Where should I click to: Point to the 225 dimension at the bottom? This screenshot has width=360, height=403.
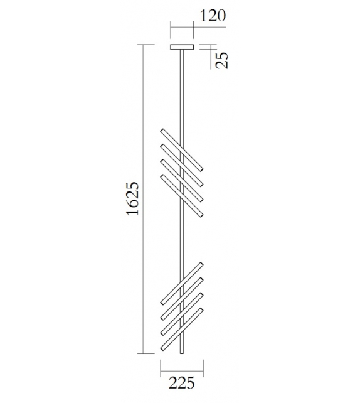[x=182, y=382]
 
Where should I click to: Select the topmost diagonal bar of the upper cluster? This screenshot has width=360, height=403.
[x=182, y=149]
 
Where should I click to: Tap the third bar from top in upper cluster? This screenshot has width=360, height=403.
[x=182, y=180]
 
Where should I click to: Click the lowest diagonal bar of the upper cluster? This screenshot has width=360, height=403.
[x=182, y=196]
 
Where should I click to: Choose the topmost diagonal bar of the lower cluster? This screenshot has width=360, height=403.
[x=182, y=283]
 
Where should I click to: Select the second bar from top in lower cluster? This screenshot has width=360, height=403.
[x=182, y=298]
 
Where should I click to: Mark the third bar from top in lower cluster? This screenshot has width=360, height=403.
[x=182, y=314]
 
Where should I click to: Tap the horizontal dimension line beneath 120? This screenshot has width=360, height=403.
[x=183, y=27]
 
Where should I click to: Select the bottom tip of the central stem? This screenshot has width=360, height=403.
[x=183, y=352]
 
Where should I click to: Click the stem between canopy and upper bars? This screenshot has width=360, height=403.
[x=183, y=88]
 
